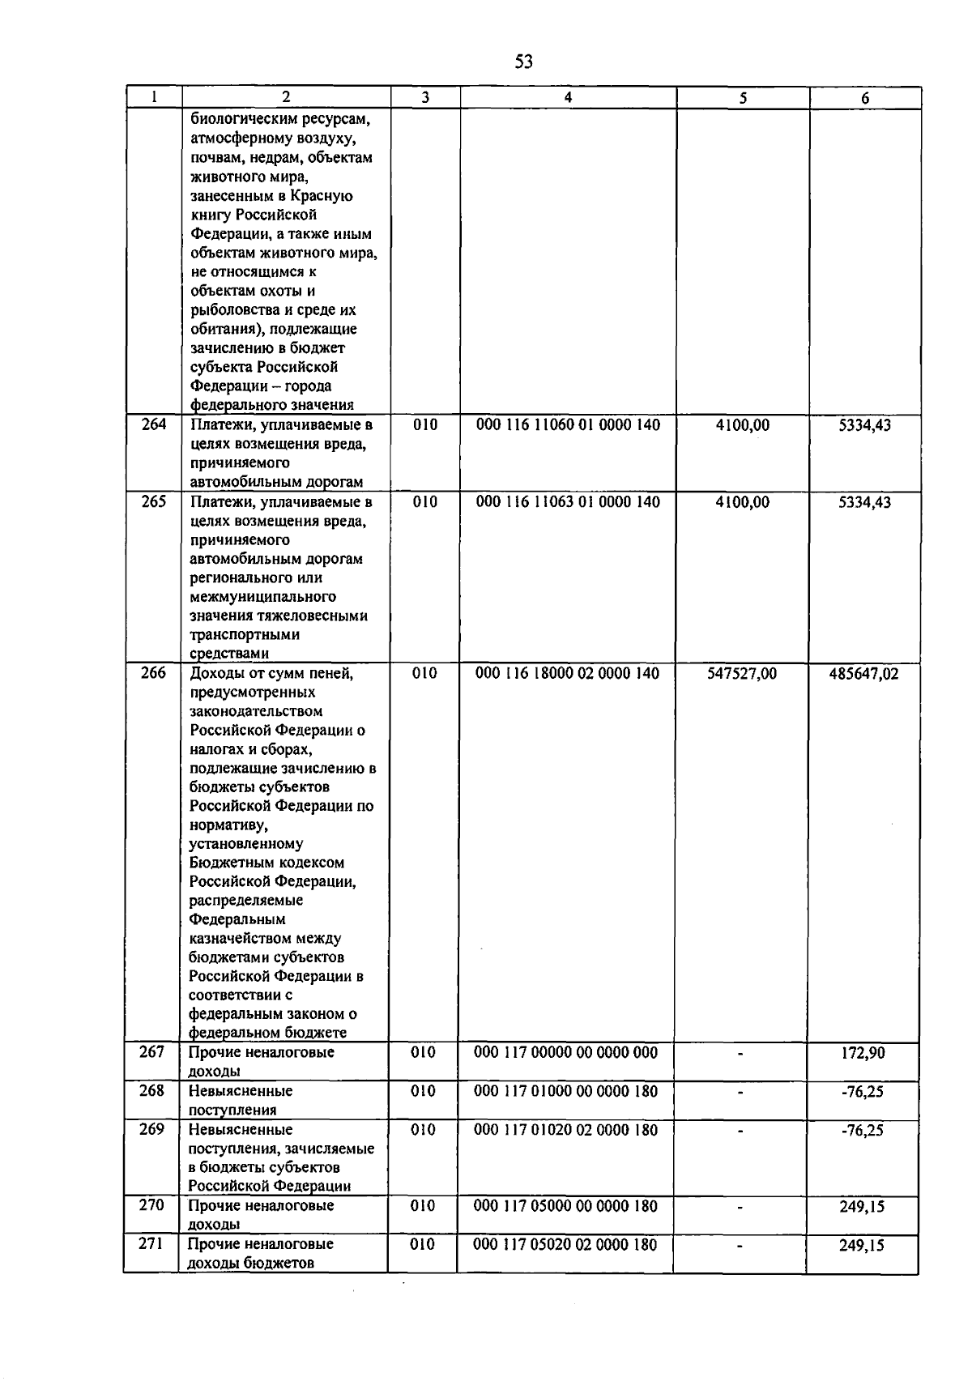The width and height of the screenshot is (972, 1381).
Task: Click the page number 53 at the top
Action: click(523, 62)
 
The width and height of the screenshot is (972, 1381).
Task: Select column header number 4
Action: click(568, 97)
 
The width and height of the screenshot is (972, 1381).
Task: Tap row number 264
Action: click(154, 424)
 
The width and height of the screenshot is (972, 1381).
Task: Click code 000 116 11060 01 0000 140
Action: click(568, 425)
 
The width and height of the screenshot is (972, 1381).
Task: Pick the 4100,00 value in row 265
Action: click(742, 502)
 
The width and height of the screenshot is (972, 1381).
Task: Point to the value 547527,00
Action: click(741, 674)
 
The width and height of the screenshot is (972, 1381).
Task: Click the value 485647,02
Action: click(863, 674)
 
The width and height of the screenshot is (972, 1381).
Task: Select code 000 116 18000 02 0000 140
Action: click(568, 673)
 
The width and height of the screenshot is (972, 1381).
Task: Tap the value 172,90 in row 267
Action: click(863, 1053)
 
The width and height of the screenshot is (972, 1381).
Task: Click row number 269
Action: click(151, 1129)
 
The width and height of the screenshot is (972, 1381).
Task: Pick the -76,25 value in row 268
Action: click(862, 1092)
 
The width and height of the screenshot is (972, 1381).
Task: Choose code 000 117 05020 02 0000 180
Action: click(565, 1244)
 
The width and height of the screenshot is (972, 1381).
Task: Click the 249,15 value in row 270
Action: click(862, 1207)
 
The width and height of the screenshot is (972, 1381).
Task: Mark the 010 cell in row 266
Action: click(424, 673)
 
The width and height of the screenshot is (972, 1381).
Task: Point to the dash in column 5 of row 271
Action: click(740, 1247)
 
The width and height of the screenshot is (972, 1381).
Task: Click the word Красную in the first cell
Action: click(326, 196)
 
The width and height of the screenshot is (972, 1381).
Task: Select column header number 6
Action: click(865, 98)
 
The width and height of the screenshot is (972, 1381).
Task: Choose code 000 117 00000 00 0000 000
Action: click(565, 1052)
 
